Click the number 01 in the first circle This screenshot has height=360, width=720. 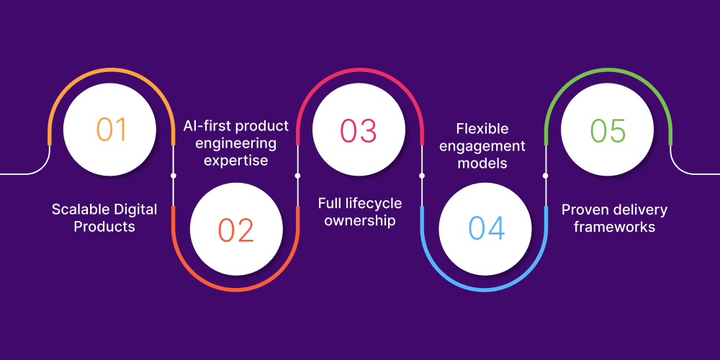click(111, 130)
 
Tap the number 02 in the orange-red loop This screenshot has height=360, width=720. click(236, 230)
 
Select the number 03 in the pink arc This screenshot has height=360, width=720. click(359, 130)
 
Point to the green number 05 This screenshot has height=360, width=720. click(608, 130)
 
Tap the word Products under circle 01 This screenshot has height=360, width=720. click(104, 226)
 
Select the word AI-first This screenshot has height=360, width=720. click(202, 126)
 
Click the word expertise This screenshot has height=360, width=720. click(235, 160)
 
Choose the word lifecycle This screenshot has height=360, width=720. click(372, 204)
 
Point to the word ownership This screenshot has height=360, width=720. click(359, 220)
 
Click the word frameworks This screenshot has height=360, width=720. click(608, 226)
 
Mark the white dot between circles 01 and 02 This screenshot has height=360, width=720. click(174, 175)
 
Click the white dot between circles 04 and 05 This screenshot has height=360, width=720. click(545, 175)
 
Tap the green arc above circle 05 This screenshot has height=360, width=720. click(608, 71)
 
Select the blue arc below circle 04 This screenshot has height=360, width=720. click(484, 290)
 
